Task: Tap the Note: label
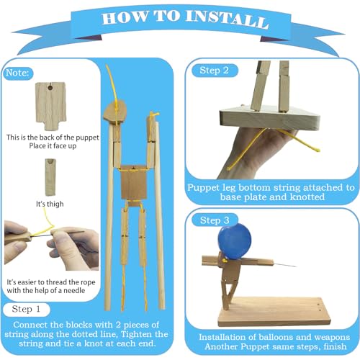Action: point(17,73)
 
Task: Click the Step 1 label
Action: point(26,309)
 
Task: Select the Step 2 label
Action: point(214,71)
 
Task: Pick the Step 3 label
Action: point(215,220)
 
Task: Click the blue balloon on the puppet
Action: point(235,241)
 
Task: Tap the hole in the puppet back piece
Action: point(50,88)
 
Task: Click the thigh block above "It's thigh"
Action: point(50,177)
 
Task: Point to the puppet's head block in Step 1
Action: point(114,112)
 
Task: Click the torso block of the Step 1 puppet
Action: point(133,182)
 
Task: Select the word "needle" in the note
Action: point(74,290)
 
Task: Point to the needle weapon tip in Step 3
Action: point(296,266)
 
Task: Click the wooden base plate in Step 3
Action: point(274,311)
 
